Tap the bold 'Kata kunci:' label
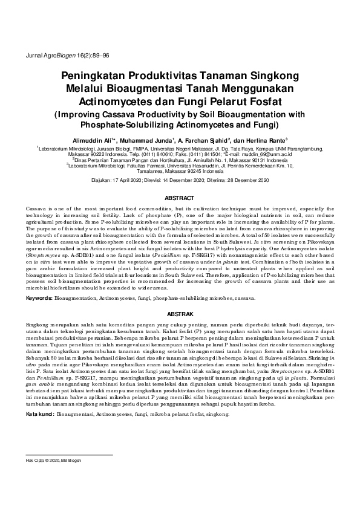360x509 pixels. click(40, 415)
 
